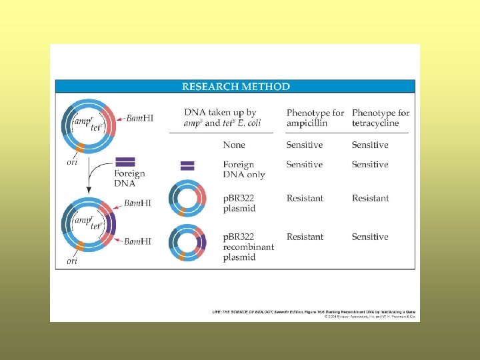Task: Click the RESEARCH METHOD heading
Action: coord(236,87)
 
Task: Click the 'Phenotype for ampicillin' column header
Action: coord(315,118)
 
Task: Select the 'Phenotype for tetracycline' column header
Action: coord(380,118)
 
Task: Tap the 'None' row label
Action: coord(234,145)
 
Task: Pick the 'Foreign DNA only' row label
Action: coord(244,169)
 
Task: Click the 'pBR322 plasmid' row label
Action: coord(239,203)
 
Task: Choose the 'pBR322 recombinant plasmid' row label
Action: coord(248,247)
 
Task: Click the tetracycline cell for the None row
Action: coord(370,145)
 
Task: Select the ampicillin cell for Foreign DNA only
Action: coord(305,164)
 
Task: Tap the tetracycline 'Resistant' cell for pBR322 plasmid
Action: coord(370,198)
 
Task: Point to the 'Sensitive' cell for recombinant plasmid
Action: coord(370,237)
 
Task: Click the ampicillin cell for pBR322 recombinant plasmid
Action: coord(305,237)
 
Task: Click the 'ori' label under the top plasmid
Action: coord(73,161)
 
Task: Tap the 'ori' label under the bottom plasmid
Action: coord(72,261)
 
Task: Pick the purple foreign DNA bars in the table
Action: coord(187,165)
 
